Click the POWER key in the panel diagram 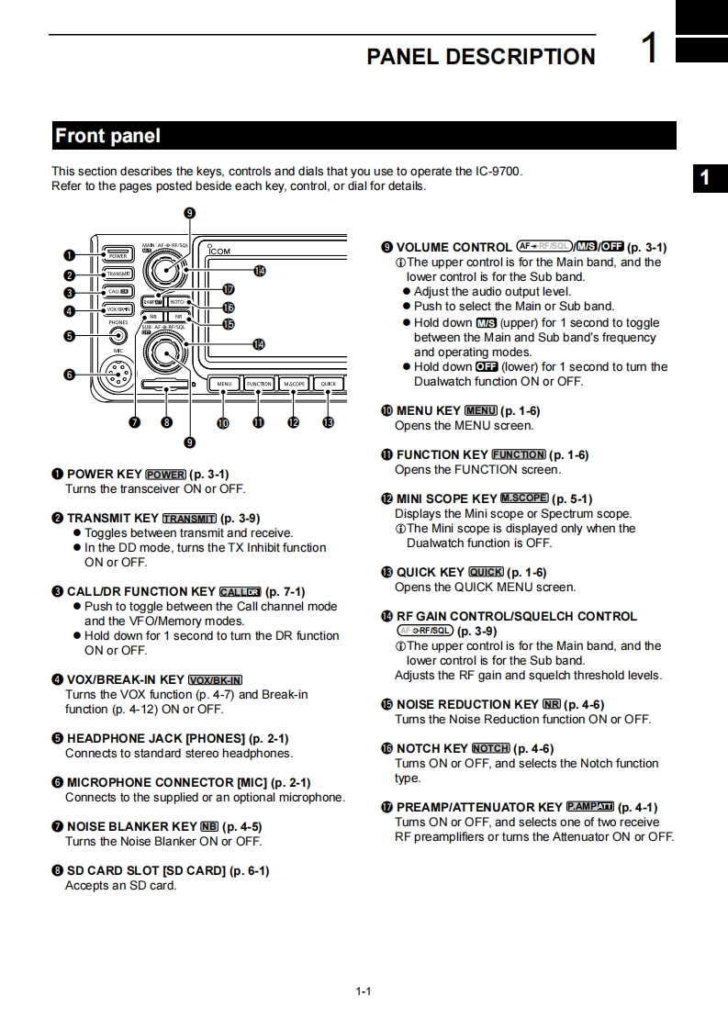(x=118, y=254)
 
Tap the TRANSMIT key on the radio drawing (x=118, y=274)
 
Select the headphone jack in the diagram (x=118, y=336)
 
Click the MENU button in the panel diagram (x=224, y=384)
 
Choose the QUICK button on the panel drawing (x=328, y=384)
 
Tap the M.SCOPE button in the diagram (x=293, y=384)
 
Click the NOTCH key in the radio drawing (x=178, y=301)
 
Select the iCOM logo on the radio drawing (x=218, y=251)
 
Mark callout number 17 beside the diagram (x=229, y=289)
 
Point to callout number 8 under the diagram (x=167, y=423)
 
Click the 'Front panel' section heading (x=107, y=136)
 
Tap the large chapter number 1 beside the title (x=649, y=49)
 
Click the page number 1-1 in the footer (x=364, y=991)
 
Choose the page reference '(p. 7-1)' (x=285, y=592)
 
